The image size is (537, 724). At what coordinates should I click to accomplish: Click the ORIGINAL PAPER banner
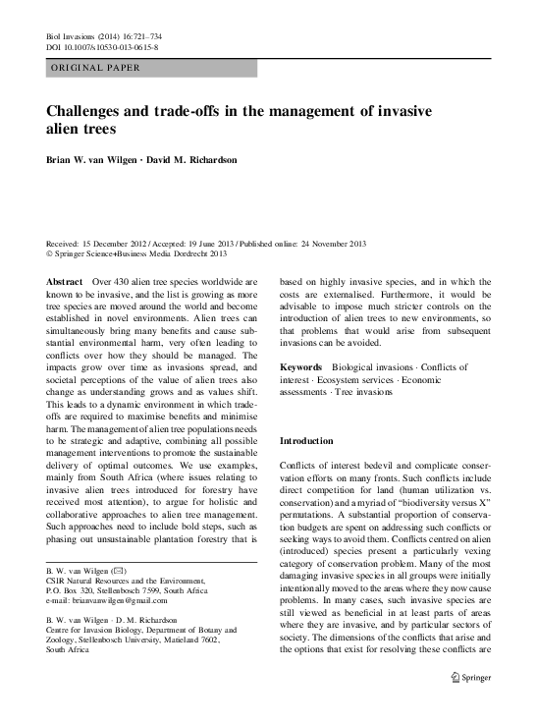94,68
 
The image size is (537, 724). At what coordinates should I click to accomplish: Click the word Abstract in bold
64,281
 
